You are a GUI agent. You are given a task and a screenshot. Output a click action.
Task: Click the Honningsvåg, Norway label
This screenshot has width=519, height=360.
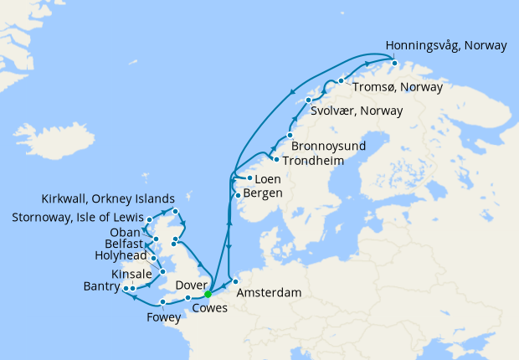point(445,46)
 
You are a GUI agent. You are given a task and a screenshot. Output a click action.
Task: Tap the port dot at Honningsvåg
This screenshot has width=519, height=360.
point(394,62)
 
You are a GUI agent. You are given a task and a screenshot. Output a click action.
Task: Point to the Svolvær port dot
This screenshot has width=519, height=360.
point(309,100)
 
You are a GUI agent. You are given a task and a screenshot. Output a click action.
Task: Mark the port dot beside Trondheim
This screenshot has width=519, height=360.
point(276,159)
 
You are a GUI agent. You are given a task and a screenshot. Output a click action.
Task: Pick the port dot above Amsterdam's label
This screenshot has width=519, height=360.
point(235,281)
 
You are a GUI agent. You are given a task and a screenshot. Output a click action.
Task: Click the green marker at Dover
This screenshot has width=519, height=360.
point(208,294)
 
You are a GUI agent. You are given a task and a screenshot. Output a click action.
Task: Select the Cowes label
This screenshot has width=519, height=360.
point(209,307)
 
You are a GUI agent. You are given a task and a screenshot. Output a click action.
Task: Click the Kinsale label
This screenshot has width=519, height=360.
point(131,275)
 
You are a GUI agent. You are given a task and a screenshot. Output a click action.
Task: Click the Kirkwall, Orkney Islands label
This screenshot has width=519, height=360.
point(108,199)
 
